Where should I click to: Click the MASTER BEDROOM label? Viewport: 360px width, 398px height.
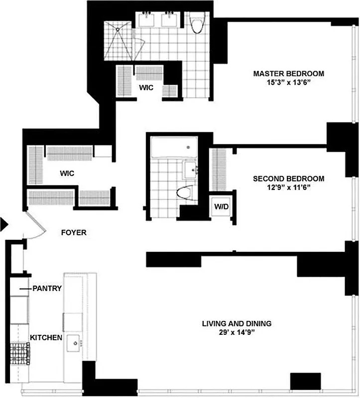[x=288, y=74]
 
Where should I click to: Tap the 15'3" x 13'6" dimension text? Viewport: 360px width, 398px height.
[x=288, y=83]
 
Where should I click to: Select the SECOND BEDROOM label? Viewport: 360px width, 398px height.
[x=288, y=179]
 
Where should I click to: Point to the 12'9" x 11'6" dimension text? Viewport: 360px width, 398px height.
[x=288, y=188]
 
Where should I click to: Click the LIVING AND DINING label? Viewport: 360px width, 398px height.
[x=237, y=323]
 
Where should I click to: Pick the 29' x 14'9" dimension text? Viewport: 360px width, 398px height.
[x=237, y=332]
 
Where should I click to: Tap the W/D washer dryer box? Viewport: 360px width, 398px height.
[x=220, y=206]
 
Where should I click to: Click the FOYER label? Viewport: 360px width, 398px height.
[x=74, y=232]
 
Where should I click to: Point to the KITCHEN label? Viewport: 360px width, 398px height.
[x=46, y=338]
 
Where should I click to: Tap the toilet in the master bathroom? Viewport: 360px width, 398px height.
[x=198, y=23]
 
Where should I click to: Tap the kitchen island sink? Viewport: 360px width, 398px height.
[x=75, y=343]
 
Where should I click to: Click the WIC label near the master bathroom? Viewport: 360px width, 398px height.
[x=146, y=88]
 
